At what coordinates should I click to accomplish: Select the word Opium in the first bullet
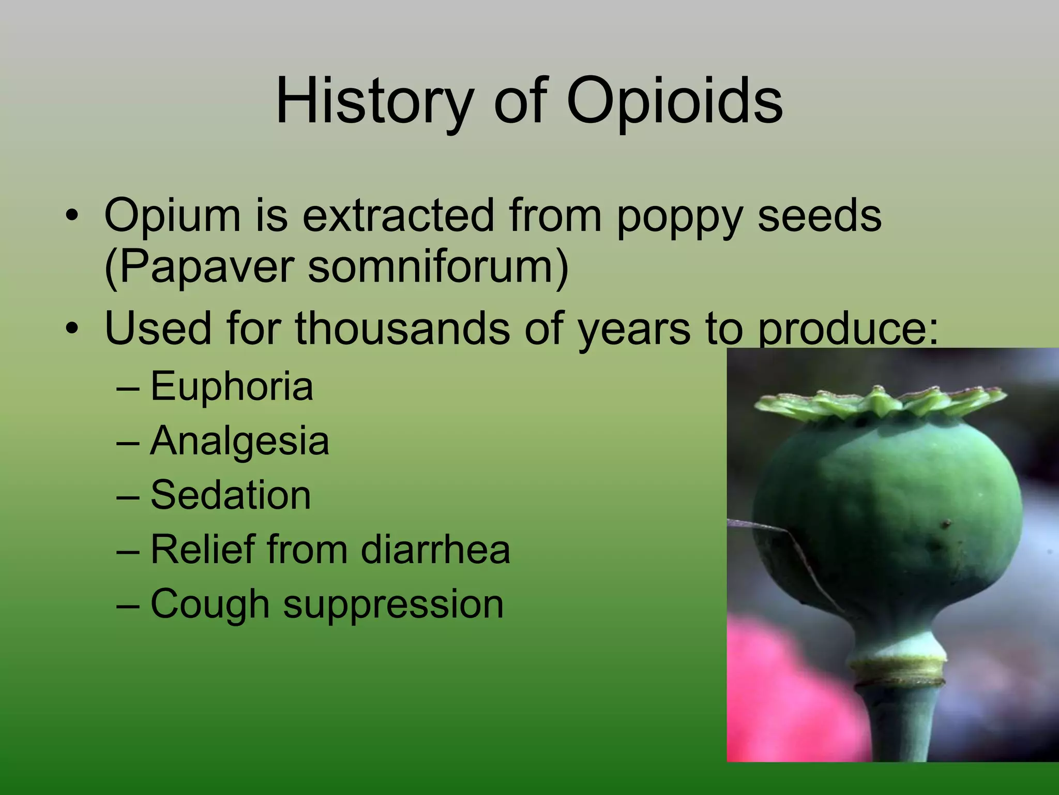[x=172, y=215]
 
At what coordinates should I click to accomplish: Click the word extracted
[x=399, y=215]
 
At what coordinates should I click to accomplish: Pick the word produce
[x=847, y=330]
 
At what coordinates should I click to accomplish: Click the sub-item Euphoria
[x=232, y=386]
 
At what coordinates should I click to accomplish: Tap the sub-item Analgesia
[x=239, y=441]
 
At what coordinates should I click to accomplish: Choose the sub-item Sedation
[x=231, y=495]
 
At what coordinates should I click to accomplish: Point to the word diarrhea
[x=435, y=549]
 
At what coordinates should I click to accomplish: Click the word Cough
[x=209, y=604]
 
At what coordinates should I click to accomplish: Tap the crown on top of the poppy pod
[x=879, y=403]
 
